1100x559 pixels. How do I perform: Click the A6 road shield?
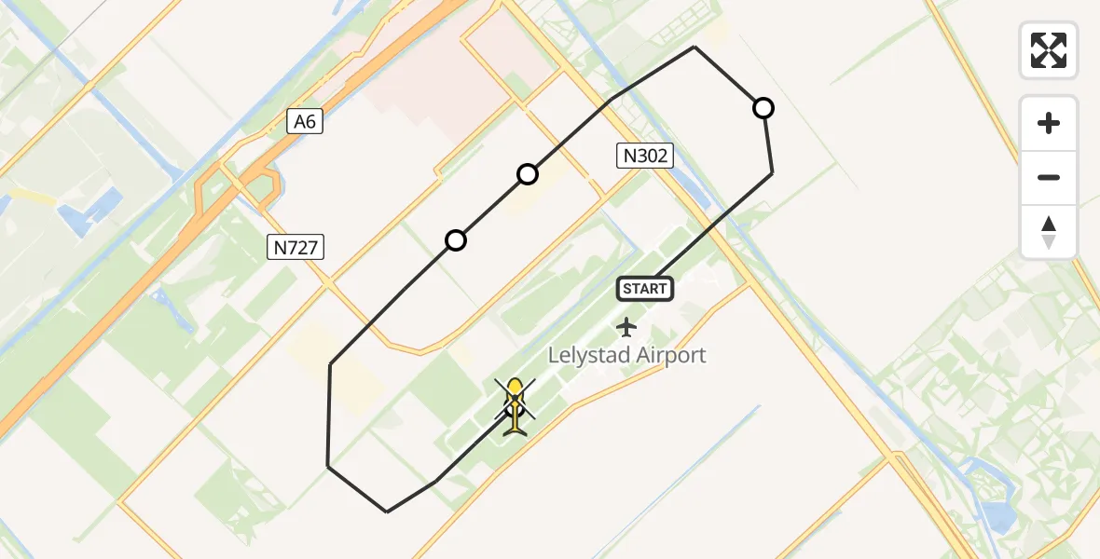click(x=305, y=120)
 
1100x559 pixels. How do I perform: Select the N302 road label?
click(x=644, y=156)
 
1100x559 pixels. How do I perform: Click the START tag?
click(x=644, y=289)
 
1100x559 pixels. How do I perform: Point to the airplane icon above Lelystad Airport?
click(x=626, y=327)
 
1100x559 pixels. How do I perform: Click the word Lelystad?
click(x=589, y=355)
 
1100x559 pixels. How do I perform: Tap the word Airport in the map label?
click(x=671, y=355)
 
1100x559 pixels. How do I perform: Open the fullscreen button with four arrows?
click(x=1049, y=50)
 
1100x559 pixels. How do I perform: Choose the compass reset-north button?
click(x=1049, y=232)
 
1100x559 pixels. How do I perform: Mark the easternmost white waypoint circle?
click(x=763, y=108)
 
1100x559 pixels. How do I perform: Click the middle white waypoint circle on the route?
click(x=528, y=174)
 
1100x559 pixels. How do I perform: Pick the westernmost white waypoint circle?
click(x=456, y=240)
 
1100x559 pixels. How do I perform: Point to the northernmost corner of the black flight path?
click(x=694, y=47)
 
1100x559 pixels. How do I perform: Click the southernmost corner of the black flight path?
click(x=387, y=511)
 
